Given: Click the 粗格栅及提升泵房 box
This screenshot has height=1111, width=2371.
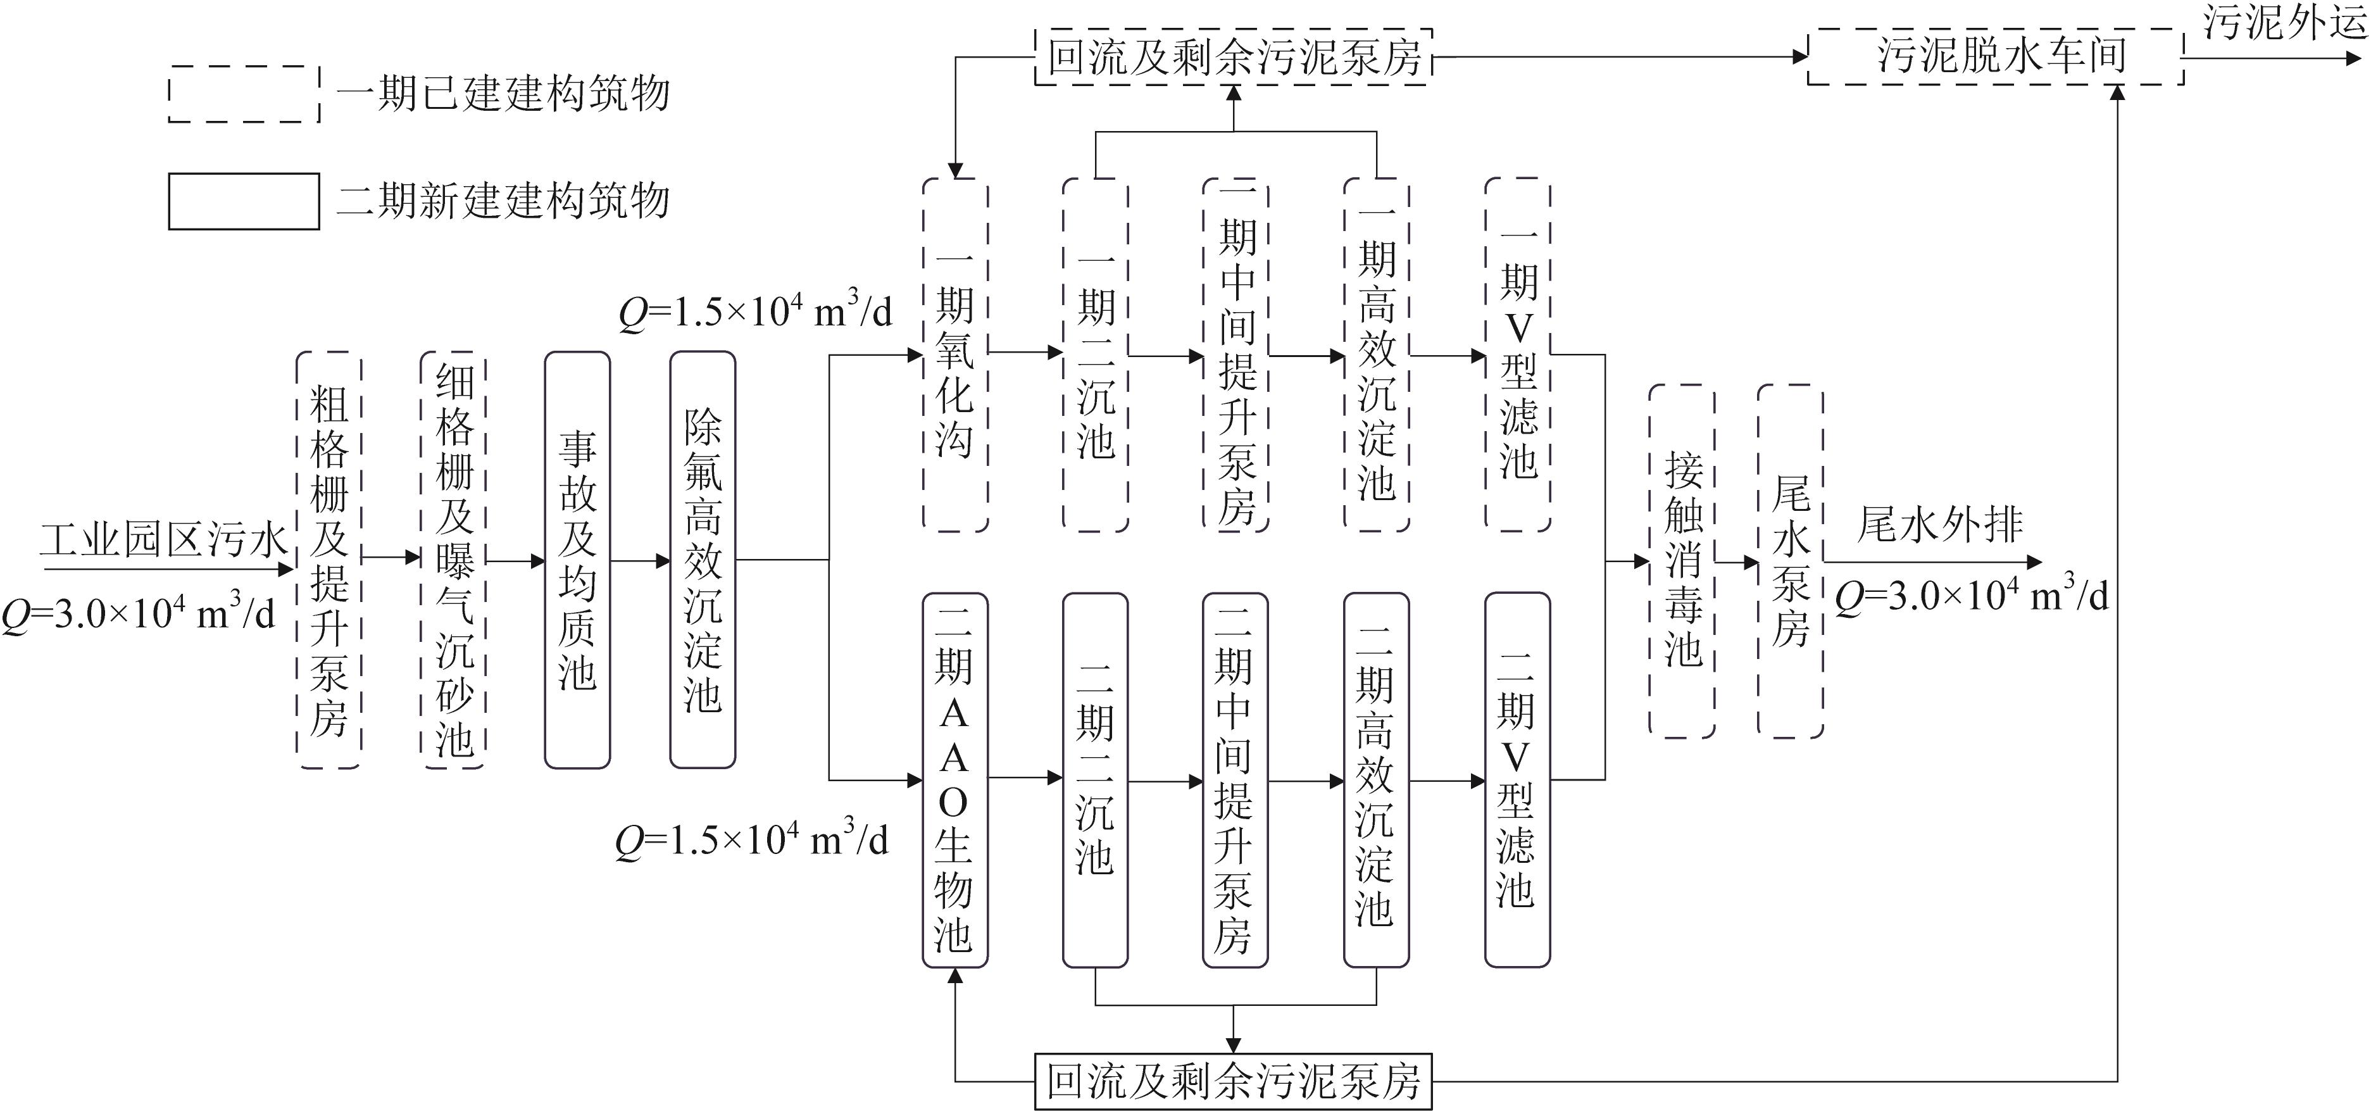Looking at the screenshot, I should tap(328, 560).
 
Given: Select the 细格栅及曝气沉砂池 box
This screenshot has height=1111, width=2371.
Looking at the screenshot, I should tap(453, 560).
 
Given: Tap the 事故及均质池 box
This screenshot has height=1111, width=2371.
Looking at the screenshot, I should tap(577, 560).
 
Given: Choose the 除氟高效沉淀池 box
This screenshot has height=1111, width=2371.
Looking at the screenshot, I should tap(703, 560).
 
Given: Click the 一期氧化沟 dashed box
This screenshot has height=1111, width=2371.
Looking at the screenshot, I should tap(955, 355).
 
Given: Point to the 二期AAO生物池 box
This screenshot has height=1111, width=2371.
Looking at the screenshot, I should tap(954, 780).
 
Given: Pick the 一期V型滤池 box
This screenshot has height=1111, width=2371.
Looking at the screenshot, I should tap(1518, 355).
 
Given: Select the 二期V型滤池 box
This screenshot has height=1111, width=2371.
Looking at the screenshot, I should tap(1517, 780).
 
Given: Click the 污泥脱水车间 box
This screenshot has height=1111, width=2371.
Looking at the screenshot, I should tap(1996, 56).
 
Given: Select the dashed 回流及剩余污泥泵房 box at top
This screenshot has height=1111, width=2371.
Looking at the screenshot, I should tap(1234, 57).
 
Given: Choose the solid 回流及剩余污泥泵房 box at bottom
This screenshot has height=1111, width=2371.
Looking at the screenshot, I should tap(1234, 1081).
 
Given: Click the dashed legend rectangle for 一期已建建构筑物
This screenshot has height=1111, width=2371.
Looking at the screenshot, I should tap(244, 94).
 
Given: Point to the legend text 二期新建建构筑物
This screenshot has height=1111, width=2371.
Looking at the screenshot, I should tap(503, 201).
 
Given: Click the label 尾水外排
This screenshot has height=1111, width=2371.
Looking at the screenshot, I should tap(1939, 525).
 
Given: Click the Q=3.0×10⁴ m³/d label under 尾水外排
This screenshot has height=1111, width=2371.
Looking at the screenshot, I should tap(1970, 596).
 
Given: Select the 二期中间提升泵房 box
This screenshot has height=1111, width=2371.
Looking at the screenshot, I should tap(1236, 780).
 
